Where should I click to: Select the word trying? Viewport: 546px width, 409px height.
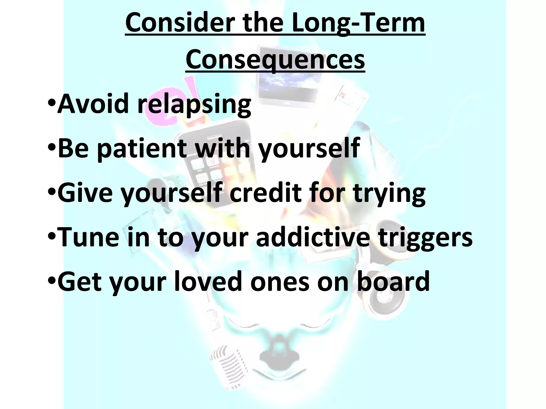tap(389, 193)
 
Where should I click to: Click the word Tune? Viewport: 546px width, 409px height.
tap(88, 237)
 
